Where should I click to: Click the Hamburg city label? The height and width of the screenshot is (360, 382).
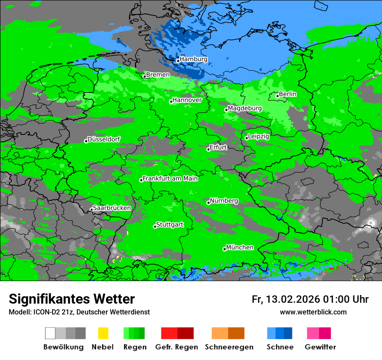coord(193,59)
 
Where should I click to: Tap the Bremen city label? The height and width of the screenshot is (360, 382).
coord(158,75)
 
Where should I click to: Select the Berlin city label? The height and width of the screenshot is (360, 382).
coord(287,94)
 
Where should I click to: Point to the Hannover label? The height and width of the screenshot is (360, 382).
coord(187,100)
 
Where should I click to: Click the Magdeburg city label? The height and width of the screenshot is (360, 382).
coord(244,108)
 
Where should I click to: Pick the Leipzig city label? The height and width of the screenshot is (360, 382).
coord(258,137)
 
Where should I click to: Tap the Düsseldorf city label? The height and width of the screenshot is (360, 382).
coord(104,140)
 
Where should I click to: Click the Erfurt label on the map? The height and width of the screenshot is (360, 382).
coord(218,147)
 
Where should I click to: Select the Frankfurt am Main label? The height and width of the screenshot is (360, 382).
coord(170,179)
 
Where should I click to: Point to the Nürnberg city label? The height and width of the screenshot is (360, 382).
coord(224,201)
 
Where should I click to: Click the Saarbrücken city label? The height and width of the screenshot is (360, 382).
coord(112,208)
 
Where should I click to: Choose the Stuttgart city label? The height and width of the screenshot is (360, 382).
coord(169,225)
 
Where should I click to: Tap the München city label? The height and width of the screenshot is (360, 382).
coord(240,248)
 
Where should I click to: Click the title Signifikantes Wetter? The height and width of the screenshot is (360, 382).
coord(72,299)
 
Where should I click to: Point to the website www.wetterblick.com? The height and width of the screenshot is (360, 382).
coord(313,312)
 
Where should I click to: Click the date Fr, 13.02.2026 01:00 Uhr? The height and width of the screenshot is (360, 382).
coord(310,299)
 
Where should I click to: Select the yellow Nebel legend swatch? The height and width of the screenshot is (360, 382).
coord(103,333)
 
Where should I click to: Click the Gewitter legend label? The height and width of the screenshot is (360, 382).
coord(320,347)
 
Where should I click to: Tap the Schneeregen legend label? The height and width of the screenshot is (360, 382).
coord(229,347)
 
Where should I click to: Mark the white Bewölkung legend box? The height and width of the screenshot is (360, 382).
coord(50,333)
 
